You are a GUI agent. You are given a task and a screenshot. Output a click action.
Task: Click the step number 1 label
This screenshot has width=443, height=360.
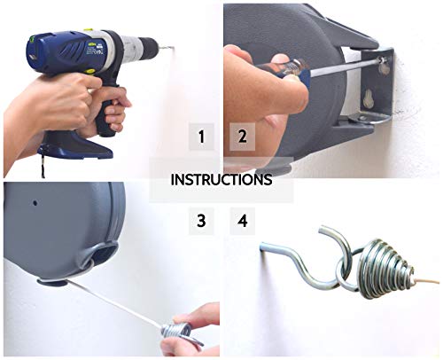202,137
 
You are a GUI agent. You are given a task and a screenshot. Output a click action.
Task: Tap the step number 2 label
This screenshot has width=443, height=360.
240,137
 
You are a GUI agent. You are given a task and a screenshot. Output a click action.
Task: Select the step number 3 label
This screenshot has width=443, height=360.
202,221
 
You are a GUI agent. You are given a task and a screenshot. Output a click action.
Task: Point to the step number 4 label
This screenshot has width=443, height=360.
241,221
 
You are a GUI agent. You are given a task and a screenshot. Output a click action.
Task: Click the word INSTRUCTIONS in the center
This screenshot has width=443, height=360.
221,179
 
